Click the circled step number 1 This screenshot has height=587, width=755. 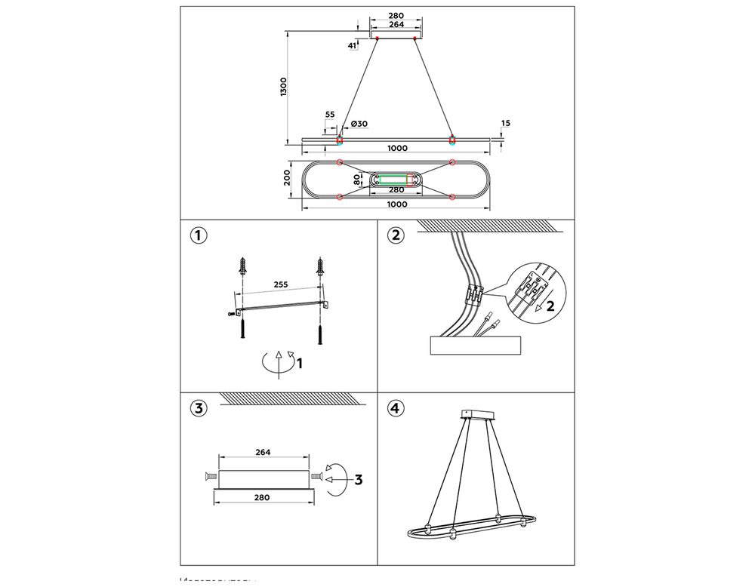tap(198, 235)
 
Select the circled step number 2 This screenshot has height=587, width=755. tap(395, 235)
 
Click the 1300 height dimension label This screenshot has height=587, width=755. tap(283, 87)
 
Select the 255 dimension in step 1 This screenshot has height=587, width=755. tap(279, 286)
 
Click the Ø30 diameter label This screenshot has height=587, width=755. tap(359, 124)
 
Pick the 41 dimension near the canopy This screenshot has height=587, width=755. tap(352, 45)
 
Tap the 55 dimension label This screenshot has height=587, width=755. tap(330, 114)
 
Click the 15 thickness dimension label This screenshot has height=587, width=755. tap(505, 122)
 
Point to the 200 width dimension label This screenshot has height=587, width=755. tap(287, 178)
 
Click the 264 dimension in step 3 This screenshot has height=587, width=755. tap(263, 452)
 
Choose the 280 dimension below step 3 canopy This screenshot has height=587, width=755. tap(263, 497)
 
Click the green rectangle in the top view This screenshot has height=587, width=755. tap(393, 180)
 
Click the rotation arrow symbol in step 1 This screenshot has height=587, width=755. tap(278, 362)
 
